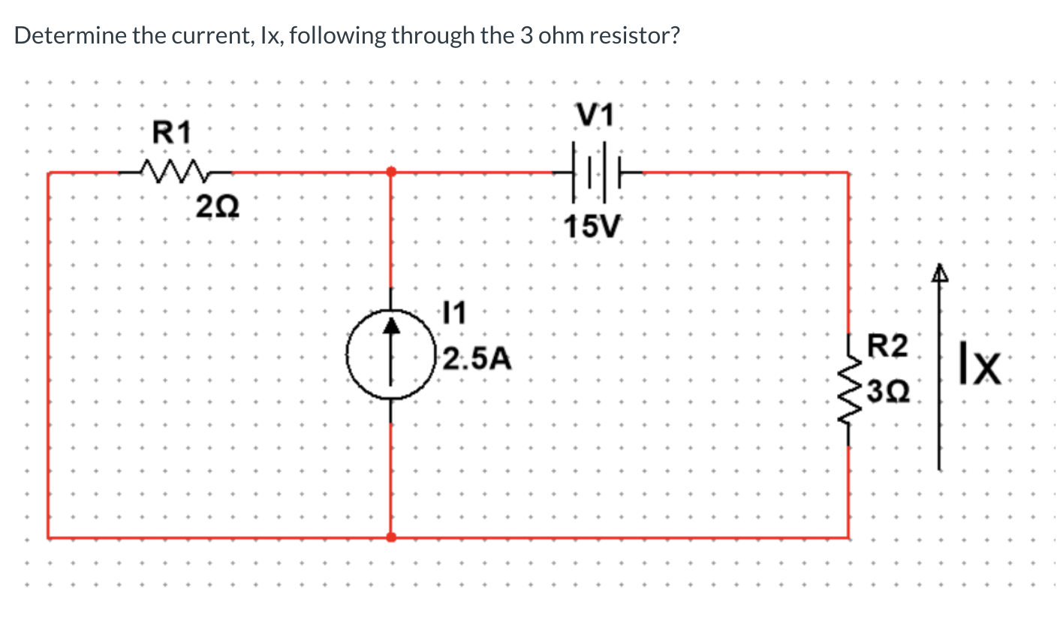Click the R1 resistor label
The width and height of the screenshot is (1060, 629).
[173, 133]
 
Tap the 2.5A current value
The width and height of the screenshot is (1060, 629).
[477, 360]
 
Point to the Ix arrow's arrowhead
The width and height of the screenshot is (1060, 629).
[938, 275]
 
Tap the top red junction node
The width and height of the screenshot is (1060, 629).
[390, 172]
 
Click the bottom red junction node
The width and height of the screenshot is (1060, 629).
[390, 537]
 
